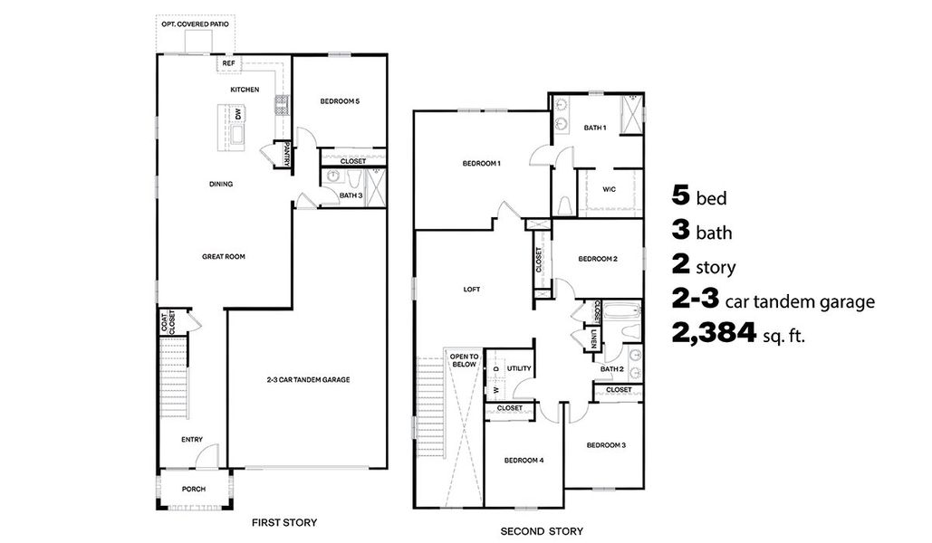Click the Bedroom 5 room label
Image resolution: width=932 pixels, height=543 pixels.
(340, 101)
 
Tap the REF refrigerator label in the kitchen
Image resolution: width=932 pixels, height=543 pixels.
(229, 64)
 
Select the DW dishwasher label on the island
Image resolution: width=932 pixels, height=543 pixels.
(238, 114)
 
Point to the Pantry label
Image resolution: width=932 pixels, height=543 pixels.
(288, 155)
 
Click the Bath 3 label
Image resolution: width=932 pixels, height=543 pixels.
(351, 195)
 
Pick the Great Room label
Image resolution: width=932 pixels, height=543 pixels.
(224, 256)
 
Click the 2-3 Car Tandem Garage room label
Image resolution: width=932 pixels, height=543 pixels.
(308, 379)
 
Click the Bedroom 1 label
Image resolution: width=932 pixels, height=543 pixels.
(482, 163)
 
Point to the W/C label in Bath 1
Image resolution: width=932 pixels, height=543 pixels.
(608, 189)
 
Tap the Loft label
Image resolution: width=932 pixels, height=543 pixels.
(472, 290)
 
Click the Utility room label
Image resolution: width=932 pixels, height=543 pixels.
(519, 368)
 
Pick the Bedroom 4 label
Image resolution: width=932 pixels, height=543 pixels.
(524, 460)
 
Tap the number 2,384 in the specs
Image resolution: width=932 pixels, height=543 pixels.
(714, 333)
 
